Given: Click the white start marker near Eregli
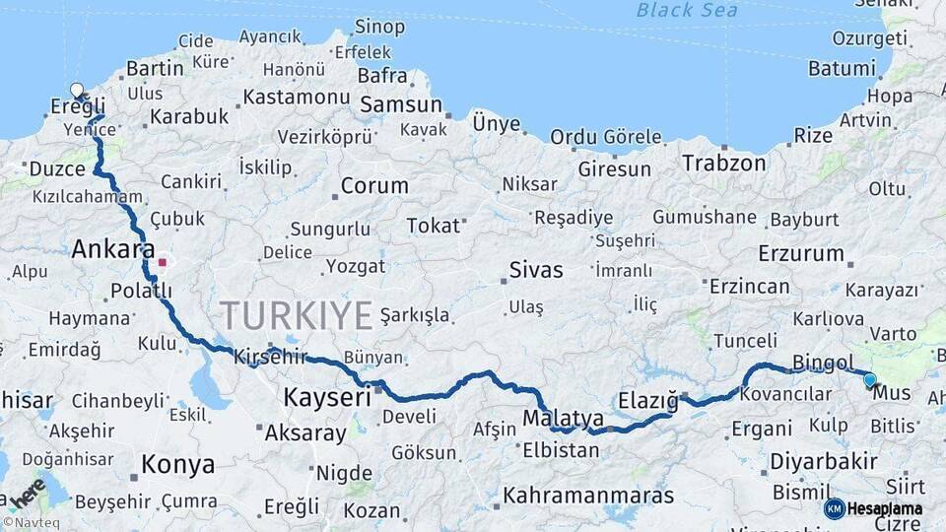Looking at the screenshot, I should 77,91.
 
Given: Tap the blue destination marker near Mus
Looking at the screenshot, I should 869,379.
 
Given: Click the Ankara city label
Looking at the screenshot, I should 112,250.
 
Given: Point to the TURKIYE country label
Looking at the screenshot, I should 297,315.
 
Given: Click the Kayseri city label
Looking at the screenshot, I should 327,398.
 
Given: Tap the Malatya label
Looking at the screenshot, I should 564,418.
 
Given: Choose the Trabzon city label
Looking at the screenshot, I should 724,163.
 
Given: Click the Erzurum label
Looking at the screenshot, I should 801,253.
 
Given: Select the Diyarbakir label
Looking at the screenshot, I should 824,461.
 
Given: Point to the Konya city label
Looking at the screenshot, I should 177,464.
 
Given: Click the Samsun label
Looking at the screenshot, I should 400,105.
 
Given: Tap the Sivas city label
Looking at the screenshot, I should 536,270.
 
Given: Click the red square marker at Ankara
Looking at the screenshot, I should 163,263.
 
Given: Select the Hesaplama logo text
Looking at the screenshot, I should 884,509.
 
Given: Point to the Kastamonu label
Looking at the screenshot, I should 297,97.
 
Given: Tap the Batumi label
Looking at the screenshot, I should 842,69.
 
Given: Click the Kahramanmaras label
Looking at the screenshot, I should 588,495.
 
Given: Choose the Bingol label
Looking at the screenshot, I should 823,364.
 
